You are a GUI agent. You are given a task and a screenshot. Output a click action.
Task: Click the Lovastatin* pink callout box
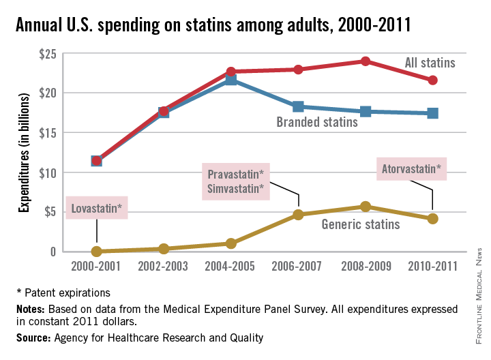[x=96, y=207]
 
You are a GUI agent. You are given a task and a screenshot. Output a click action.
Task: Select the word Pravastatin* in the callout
[x=236, y=174]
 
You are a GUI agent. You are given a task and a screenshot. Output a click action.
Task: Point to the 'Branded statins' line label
[x=317, y=123]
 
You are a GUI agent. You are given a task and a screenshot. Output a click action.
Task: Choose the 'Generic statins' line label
[x=361, y=222]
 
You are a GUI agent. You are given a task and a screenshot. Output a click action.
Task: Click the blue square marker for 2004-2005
[x=231, y=80]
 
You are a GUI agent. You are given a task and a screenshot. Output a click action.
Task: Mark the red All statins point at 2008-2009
[x=366, y=61]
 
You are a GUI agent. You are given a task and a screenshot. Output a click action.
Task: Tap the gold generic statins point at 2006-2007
[x=298, y=215]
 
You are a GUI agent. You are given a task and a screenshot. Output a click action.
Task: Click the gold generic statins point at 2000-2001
[x=97, y=252]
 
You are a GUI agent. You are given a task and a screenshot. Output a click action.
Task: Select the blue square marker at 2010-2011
[x=432, y=112]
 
